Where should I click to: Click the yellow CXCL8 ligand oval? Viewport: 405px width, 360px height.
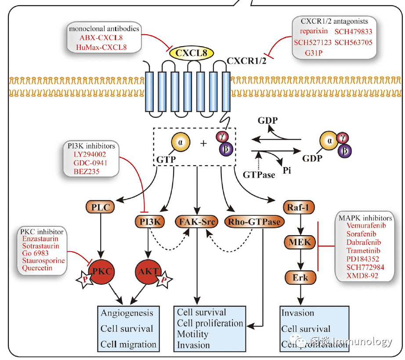[192, 54]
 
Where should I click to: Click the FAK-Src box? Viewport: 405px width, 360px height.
[197, 222]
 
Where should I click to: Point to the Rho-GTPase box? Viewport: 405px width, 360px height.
[254, 222]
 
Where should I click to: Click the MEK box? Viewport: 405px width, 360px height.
[300, 242]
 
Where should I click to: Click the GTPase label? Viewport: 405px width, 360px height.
[259, 175]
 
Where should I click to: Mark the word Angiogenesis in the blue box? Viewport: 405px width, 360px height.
[127, 313]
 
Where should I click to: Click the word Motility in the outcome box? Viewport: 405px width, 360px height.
[192, 334]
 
